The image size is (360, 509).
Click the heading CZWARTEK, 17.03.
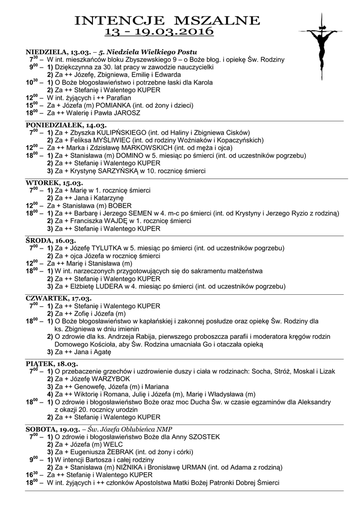point(59,298)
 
